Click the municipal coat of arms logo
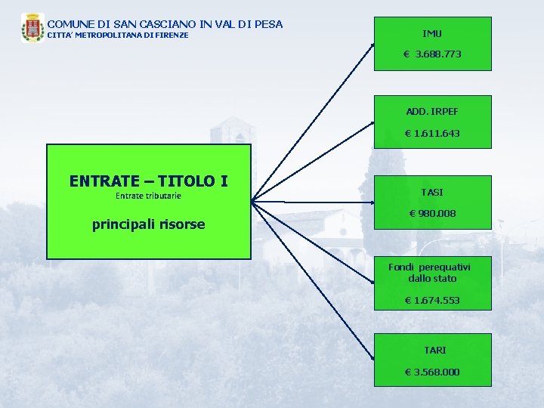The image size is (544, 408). [32, 28]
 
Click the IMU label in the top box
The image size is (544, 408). [432, 33]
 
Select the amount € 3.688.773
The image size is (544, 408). [432, 54]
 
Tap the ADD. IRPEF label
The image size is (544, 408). [432, 111]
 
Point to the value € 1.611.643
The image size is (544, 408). [432, 133]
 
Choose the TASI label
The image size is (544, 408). [432, 192]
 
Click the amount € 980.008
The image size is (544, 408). [432, 214]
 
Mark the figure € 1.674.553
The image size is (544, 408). [432, 301]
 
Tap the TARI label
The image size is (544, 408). [434, 350]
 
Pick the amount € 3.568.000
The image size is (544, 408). [432, 372]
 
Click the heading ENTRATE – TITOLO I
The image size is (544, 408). [148, 181]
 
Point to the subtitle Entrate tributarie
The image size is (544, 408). [148, 196]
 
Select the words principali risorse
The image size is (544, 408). [148, 224]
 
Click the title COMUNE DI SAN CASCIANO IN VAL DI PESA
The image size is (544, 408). [165, 24]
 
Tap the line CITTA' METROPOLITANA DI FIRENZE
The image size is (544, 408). [118, 36]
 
